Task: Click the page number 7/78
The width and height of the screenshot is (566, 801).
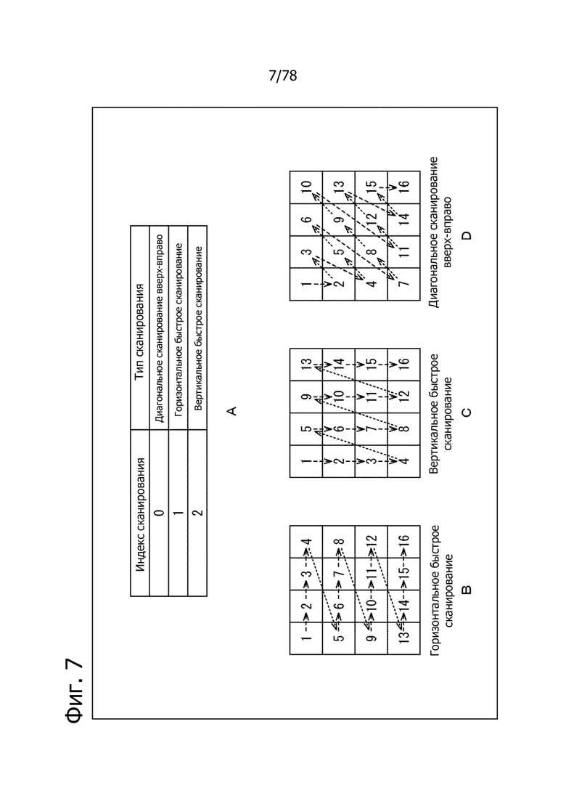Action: pos(282,76)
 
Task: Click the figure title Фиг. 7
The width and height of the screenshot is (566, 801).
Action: pos(75,690)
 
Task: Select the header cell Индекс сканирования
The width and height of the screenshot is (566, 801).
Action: pos(140,513)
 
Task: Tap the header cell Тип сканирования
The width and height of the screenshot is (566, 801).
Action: pos(140,328)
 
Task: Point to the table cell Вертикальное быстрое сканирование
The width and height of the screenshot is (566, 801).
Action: pos(198,329)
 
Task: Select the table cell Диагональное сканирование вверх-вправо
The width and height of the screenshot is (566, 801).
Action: pos(159,329)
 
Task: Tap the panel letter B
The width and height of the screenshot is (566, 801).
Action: pos(466,590)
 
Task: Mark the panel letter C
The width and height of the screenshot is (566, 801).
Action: pos(466,412)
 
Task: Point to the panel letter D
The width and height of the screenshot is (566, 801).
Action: pos(466,235)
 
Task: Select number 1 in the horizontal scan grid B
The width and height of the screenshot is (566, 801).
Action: pos(305,638)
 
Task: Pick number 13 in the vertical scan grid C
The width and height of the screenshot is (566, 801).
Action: pos(305,365)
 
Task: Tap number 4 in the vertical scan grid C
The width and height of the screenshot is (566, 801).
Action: pos(403,461)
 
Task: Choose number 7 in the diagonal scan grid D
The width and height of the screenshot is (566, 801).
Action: pos(403,284)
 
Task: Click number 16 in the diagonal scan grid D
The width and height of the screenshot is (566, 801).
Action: pos(403,187)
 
